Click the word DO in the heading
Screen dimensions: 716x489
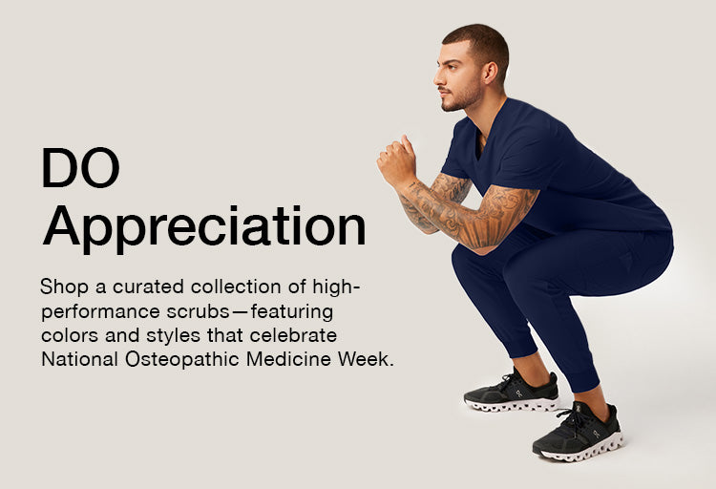click(80, 167)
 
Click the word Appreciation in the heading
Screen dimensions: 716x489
click(204, 227)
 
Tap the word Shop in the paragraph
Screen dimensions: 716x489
click(64, 287)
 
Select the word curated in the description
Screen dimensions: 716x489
click(148, 287)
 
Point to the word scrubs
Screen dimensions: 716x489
click(199, 311)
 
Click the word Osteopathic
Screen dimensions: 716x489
click(182, 359)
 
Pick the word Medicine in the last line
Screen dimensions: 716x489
click(288, 359)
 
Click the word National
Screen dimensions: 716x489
click(80, 359)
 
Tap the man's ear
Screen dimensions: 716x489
click(491, 74)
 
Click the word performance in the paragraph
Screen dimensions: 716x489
click(100, 312)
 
